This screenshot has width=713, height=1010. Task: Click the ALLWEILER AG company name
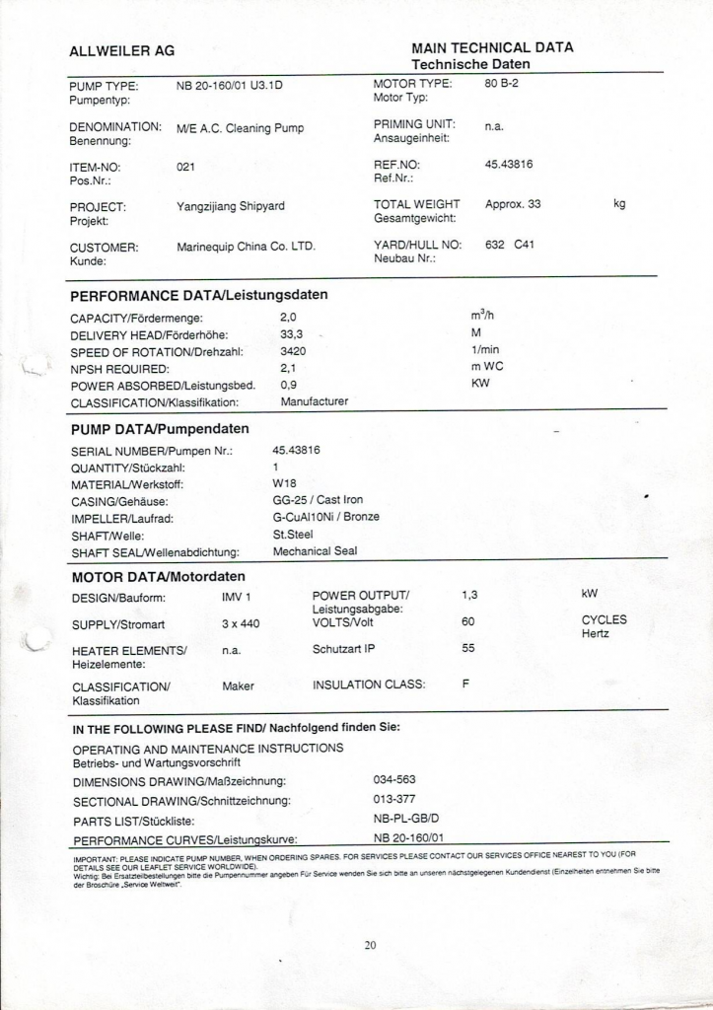point(121,51)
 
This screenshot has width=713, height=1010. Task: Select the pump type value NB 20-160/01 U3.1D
point(230,85)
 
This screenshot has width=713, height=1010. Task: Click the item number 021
point(185,167)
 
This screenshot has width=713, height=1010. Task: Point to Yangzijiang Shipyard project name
point(231,206)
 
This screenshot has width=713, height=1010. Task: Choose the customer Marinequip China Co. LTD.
point(246,247)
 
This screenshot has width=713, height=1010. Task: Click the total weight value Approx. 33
point(513,204)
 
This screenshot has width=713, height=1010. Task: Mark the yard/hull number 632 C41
point(510,245)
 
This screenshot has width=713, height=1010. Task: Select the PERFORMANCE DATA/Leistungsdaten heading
point(199,295)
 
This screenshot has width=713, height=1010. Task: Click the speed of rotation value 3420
point(293,351)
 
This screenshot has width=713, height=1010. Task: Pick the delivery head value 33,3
point(291,334)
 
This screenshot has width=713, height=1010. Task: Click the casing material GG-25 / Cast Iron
point(318,500)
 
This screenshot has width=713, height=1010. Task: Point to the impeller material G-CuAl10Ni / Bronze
point(325,517)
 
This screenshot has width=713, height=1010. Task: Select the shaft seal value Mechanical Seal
point(315,551)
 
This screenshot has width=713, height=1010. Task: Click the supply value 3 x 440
point(241,623)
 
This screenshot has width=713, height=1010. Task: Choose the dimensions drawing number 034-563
point(394,779)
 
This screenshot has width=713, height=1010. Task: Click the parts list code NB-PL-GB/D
point(405,819)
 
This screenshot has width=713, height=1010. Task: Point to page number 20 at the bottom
point(370,945)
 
